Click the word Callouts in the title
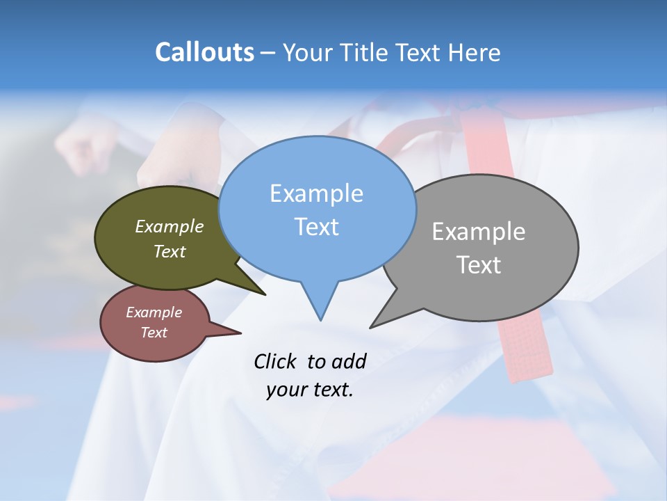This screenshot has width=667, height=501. [x=204, y=52]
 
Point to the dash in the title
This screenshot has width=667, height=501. [x=267, y=53]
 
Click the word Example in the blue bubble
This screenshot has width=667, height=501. [x=316, y=193]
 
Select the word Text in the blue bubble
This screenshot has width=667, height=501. [x=316, y=227]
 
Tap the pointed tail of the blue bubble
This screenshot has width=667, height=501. [x=320, y=318]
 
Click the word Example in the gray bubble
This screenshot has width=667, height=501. [x=479, y=232]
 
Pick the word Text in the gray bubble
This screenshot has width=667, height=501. [x=479, y=265]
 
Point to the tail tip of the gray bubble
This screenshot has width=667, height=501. [x=372, y=326]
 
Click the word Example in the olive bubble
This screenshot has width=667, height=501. [x=170, y=227]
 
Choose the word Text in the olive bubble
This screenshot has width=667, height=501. [x=170, y=252]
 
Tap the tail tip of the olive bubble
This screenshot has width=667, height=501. [x=264, y=294]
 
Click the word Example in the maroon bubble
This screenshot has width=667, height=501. [x=154, y=312]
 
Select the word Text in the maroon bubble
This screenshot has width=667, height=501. [x=154, y=333]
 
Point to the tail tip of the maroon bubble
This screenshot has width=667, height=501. [x=240, y=333]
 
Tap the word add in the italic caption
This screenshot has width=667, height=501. [x=348, y=361]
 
